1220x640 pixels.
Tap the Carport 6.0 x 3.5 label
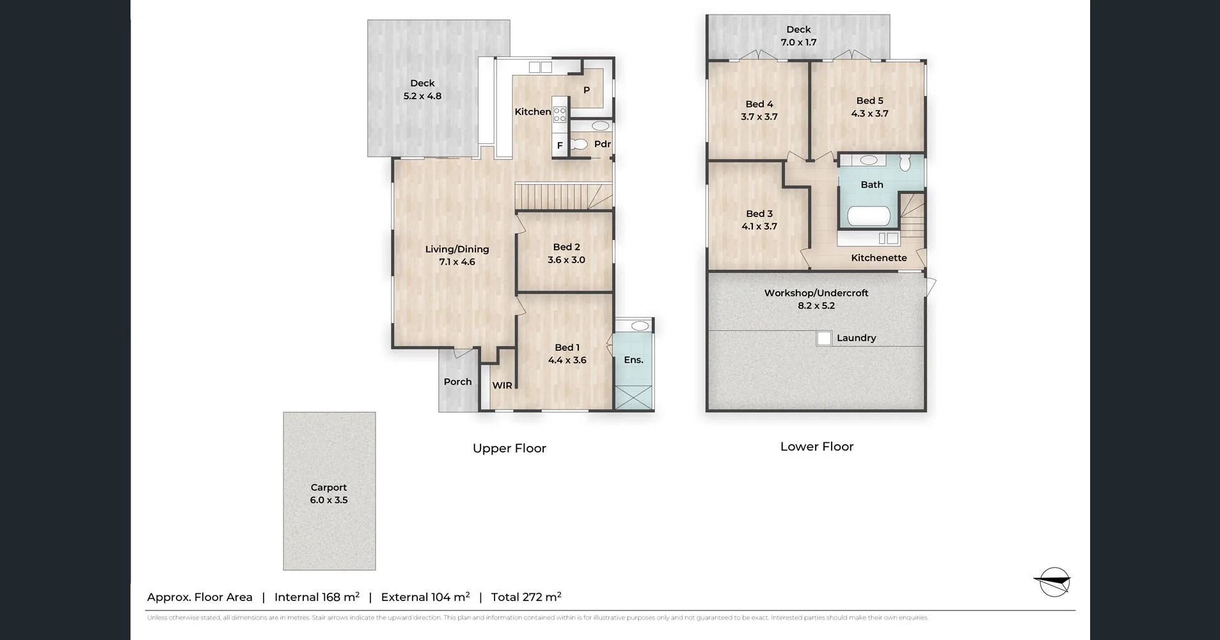click(x=329, y=493)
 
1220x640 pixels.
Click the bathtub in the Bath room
click(x=869, y=216)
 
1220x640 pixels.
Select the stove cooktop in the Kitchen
click(x=560, y=115)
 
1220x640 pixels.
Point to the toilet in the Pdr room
click(x=580, y=145)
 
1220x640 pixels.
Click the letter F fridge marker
click(x=560, y=146)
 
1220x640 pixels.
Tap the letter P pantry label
click(x=586, y=90)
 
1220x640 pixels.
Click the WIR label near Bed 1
click(x=502, y=385)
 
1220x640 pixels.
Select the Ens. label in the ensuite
click(x=633, y=360)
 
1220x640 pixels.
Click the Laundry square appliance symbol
click(x=824, y=338)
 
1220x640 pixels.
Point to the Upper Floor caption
click(x=509, y=448)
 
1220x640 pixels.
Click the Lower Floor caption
click(x=816, y=447)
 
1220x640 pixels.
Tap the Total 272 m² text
click(x=526, y=597)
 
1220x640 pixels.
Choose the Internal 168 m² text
click(x=317, y=597)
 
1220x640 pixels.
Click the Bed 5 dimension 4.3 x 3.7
click(x=869, y=114)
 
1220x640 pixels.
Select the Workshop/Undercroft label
click(x=816, y=293)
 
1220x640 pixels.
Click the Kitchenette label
click(x=878, y=258)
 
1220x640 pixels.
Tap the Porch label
click(x=457, y=382)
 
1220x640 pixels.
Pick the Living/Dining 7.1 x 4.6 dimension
click(x=457, y=262)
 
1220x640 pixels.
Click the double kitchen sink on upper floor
click(x=540, y=67)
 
